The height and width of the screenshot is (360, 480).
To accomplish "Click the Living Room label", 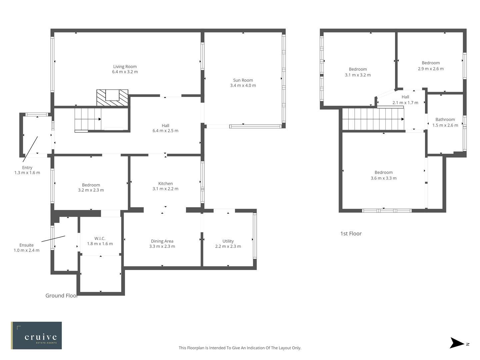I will [125, 67].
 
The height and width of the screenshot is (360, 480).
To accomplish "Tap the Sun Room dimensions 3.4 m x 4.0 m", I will [243, 86].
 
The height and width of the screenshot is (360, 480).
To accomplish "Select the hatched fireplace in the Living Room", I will [112, 98].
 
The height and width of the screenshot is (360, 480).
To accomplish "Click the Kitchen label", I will [165, 184].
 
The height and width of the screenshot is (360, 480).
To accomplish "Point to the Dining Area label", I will [162, 241].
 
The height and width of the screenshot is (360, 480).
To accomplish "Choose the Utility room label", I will [228, 241].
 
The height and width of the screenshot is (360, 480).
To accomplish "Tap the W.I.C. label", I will [100, 239].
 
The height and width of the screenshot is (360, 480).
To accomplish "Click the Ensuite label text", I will [26, 245].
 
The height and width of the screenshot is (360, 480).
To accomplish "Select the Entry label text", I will [27, 168].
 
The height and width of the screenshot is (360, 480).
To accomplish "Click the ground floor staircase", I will [88, 119].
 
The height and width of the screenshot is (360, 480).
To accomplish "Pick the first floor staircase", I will [373, 119].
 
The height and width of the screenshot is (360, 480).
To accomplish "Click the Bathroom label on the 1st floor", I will [445, 120].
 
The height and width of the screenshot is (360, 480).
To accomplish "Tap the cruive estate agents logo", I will [36, 335].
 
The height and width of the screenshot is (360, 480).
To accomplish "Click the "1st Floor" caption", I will [351, 234].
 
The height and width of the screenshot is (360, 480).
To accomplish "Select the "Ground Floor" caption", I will [61, 296].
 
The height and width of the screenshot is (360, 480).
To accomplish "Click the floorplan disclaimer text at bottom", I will [240, 348].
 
